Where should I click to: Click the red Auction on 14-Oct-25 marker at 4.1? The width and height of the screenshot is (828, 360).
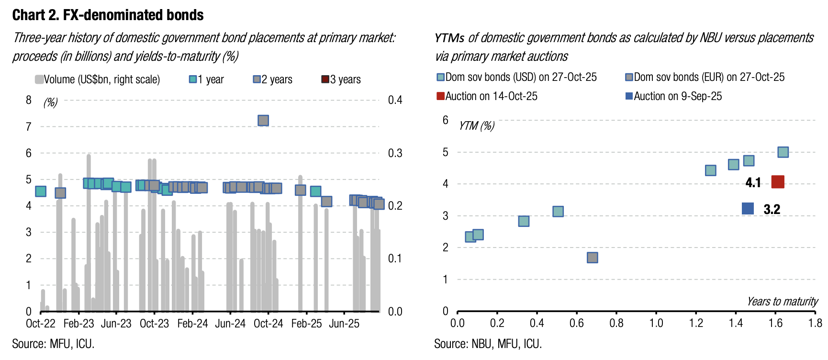tap(778, 182)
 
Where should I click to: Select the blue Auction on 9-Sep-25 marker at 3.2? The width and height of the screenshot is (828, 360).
tap(748, 208)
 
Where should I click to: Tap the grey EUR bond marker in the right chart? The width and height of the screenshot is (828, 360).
tap(592, 258)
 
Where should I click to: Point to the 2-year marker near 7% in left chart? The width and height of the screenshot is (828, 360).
tap(263, 121)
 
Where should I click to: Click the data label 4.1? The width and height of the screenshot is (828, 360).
tap(753, 182)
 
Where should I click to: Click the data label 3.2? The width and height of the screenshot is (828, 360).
tap(772, 209)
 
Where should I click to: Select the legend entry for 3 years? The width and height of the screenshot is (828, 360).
tap(341, 79)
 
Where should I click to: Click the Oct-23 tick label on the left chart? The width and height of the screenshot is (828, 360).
tap(154, 324)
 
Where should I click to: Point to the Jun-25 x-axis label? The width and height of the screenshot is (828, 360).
tap(344, 324)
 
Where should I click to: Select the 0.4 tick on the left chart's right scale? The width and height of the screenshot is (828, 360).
tap(395, 100)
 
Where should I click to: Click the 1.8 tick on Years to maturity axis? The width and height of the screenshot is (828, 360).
tap(815, 323)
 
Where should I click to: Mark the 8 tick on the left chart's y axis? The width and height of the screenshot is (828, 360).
tap(29, 100)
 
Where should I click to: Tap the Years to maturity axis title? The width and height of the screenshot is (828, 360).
tap(783, 302)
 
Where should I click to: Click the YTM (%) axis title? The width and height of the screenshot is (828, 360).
tap(477, 126)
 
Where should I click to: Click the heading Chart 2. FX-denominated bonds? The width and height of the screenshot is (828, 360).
tap(108, 15)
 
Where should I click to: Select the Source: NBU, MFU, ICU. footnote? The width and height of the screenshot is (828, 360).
tap(488, 344)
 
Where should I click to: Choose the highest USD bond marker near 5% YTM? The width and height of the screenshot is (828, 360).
tap(783, 152)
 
